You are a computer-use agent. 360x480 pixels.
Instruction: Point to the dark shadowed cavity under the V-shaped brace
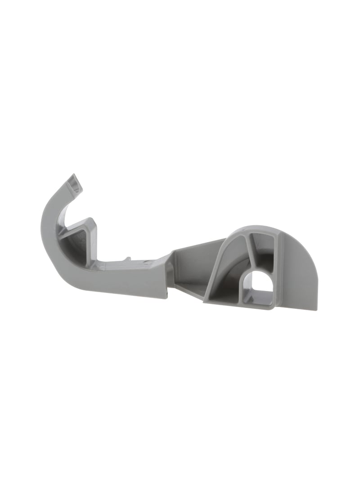pyautogui.click(x=76, y=245)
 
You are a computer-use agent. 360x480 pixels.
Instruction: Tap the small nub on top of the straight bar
pyautogui.click(x=128, y=259)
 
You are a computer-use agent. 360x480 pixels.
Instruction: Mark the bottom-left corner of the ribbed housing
pyautogui.click(x=205, y=301)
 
